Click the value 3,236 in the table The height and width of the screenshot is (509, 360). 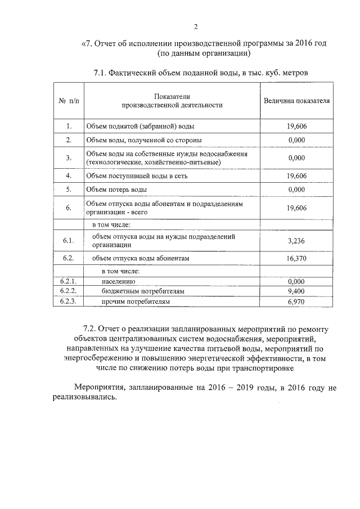pyautogui.click(x=296, y=241)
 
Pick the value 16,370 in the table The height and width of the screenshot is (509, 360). pyautogui.click(x=296, y=258)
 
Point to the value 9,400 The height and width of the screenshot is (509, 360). pyautogui.click(x=296, y=291)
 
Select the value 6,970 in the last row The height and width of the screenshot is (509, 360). pyautogui.click(x=296, y=302)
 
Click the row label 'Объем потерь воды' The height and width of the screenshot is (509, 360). pyautogui.click(x=116, y=190)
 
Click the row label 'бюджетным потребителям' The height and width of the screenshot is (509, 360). pyautogui.click(x=143, y=291)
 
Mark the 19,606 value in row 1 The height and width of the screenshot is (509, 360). pyautogui.click(x=296, y=126)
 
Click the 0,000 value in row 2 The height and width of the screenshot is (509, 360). pyautogui.click(x=296, y=139)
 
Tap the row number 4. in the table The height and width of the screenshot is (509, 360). pyautogui.click(x=69, y=175)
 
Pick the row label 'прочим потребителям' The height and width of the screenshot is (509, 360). pyautogui.click(x=135, y=302)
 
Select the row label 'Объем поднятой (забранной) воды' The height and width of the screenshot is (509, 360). pyautogui.click(x=143, y=126)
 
